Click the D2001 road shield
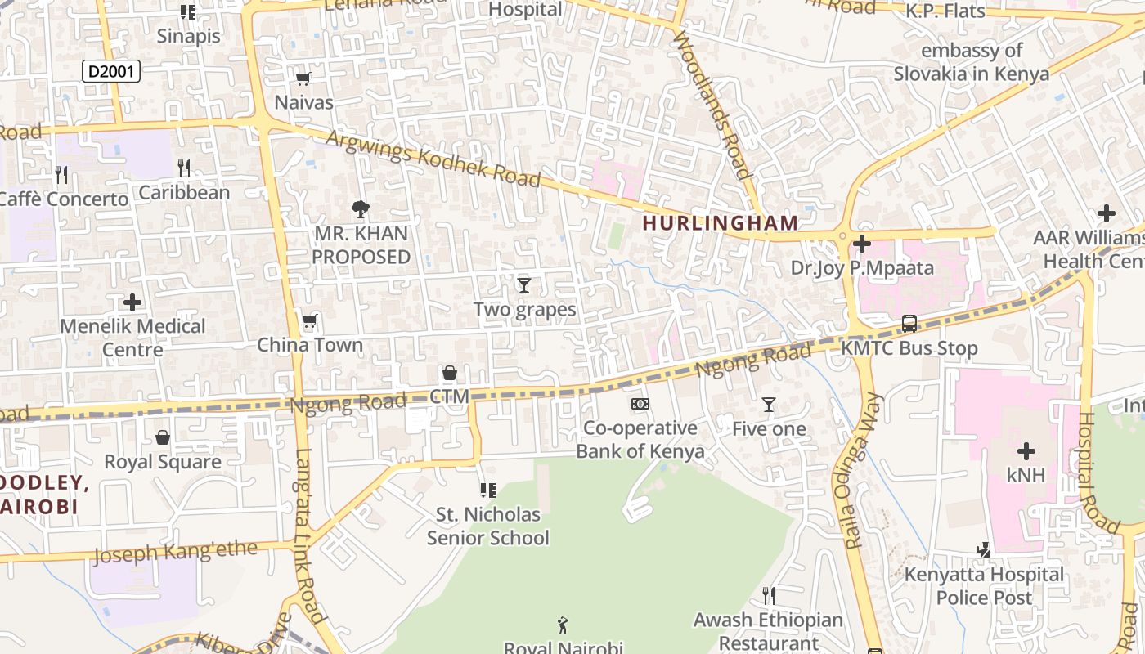pos(111,71)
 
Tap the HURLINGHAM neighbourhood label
pos(720,222)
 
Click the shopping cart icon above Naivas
pos(303,78)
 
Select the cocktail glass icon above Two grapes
pos(524,284)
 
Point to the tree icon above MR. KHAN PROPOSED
pos(360,209)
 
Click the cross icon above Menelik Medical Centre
pos(132,302)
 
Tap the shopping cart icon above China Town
pos(309,321)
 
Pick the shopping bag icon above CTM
pos(449,374)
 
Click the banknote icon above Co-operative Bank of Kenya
pos(640,404)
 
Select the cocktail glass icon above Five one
pos(769,405)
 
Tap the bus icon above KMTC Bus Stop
pos(909,324)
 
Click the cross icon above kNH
pos(1026,450)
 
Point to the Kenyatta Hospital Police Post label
pos(984,585)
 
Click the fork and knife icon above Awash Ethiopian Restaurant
pos(768,595)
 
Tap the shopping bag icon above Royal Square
pos(163,438)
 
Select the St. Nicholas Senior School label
pos(488,526)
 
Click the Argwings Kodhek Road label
pos(433,157)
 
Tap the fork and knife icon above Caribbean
pos(184,168)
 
